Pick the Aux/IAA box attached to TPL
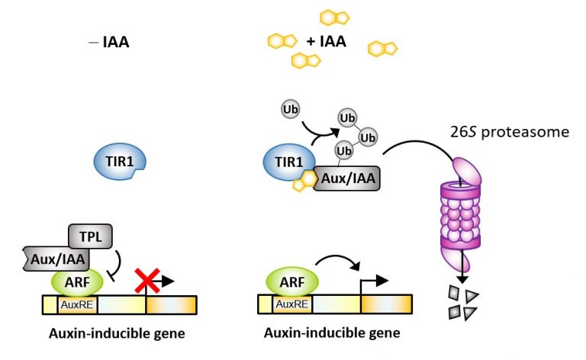pyautogui.click(x=54, y=259)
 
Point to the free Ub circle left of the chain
pyautogui.click(x=291, y=109)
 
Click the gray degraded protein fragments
pyautogui.click(x=463, y=304)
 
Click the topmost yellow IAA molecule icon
pyautogui.click(x=333, y=17)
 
